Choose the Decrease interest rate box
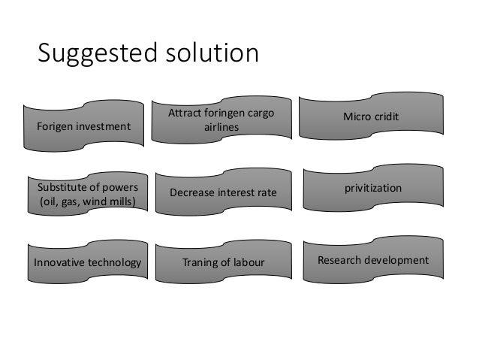click(222, 193)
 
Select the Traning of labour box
click(222, 263)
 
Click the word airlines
click(221, 128)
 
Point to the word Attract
click(183, 114)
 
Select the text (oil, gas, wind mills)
click(83, 201)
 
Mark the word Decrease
click(194, 193)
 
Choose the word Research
click(342, 260)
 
